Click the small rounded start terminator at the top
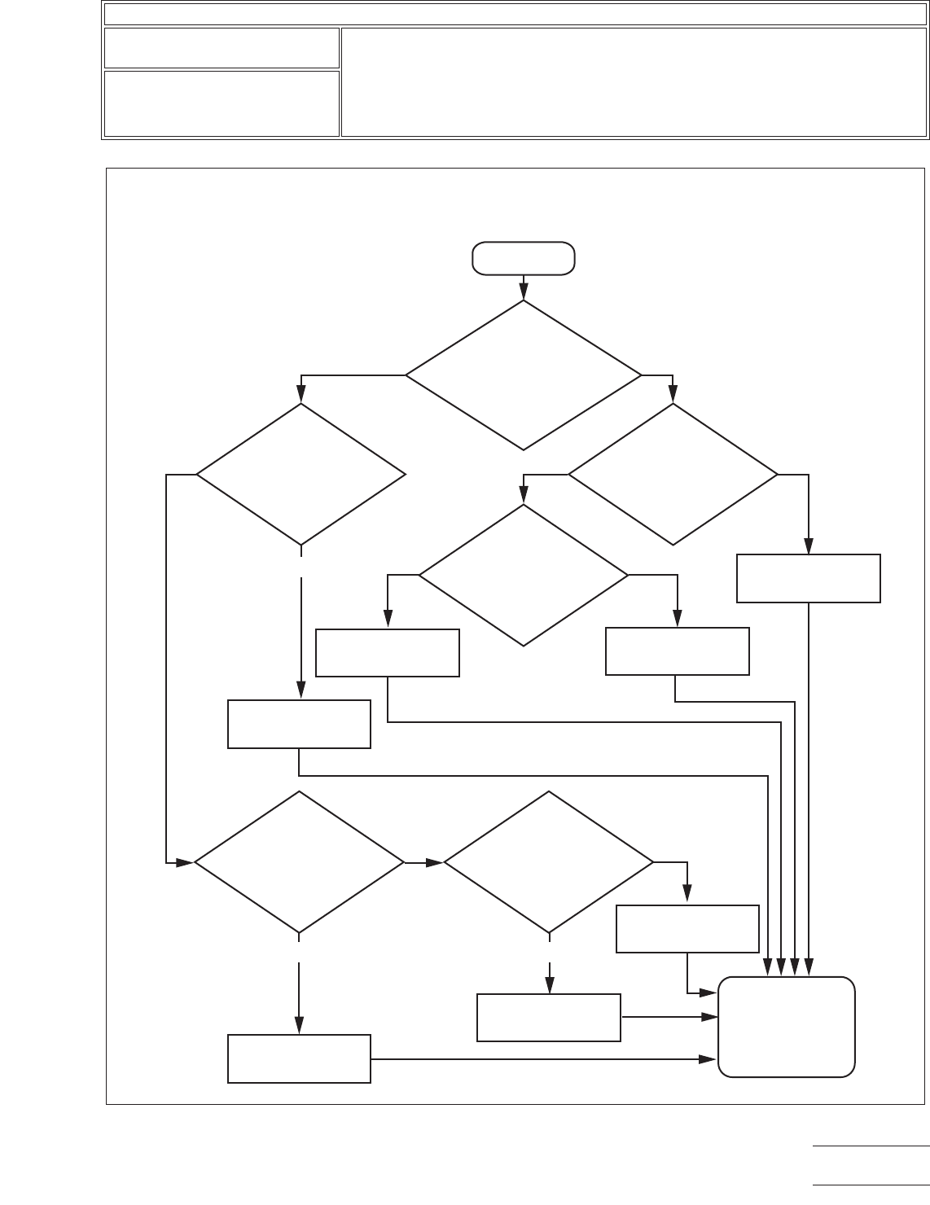[524, 259]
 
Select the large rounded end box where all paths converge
[787, 1027]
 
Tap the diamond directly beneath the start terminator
[524, 375]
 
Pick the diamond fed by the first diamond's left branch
[300, 474]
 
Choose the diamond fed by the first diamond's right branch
[673, 474]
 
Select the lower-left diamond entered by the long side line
[299, 861]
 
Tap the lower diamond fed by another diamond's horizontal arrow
[548, 861]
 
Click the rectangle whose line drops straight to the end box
[808, 578]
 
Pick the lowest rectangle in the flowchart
[299, 1058]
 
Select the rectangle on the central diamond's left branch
[387, 652]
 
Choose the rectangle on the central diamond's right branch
[677, 651]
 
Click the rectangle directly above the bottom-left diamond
[299, 724]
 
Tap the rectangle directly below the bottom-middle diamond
[548, 1017]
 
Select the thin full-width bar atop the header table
[515, 14]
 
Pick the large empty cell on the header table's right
[633, 82]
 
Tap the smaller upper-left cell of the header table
[221, 48]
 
